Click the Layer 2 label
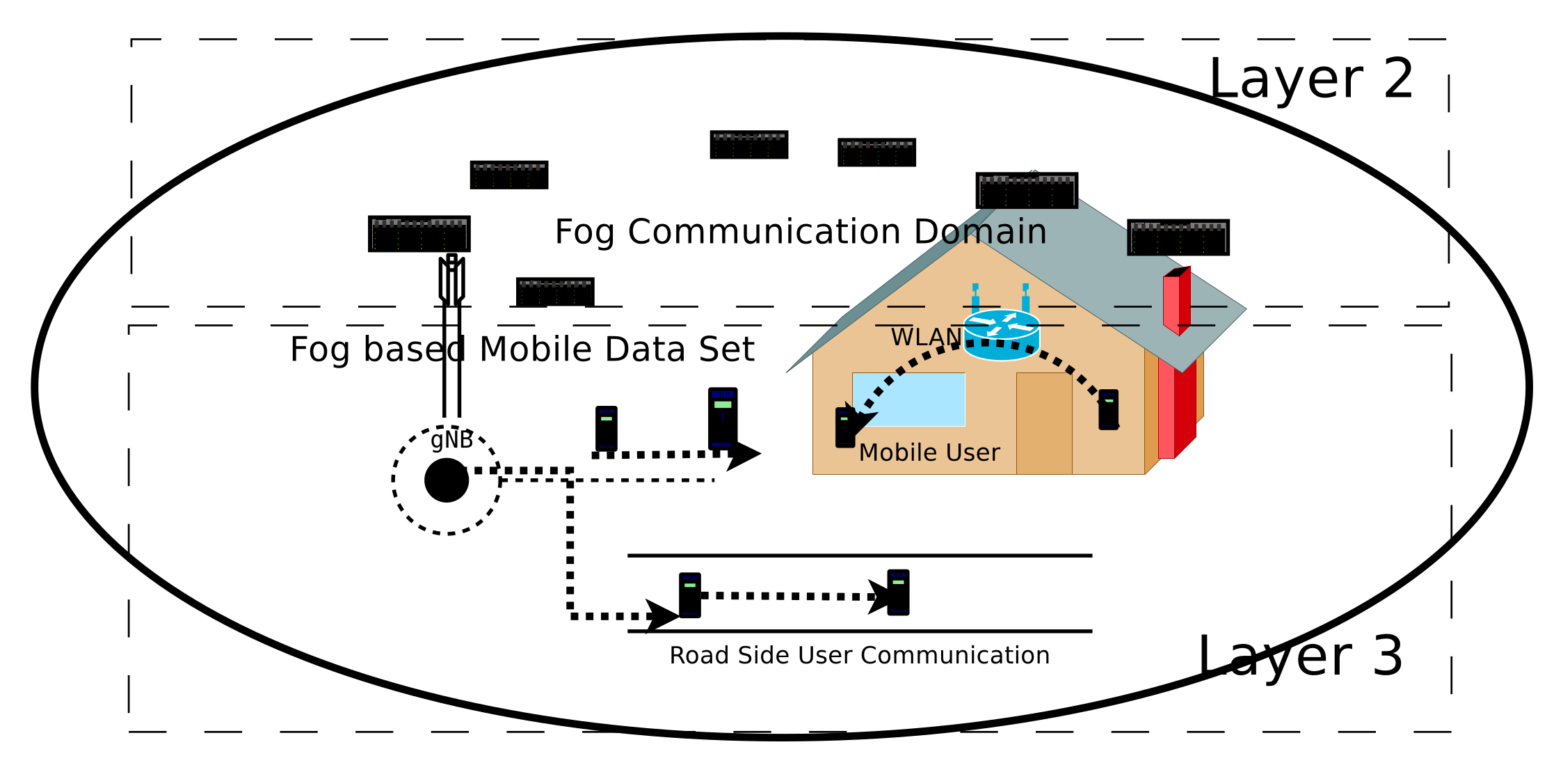click(x=1310, y=79)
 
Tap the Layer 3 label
click(x=1299, y=656)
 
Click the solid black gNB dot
click(x=447, y=480)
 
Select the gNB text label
click(x=451, y=440)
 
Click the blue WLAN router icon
click(x=1001, y=334)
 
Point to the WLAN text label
click(x=926, y=338)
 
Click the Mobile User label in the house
click(x=929, y=453)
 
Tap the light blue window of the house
click(x=908, y=400)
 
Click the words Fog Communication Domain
click(x=800, y=232)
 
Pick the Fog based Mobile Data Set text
click(x=522, y=349)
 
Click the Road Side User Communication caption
click(x=859, y=656)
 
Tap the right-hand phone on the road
click(x=898, y=592)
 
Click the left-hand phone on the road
click(x=689, y=595)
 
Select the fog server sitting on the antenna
click(x=419, y=234)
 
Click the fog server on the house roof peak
click(x=1027, y=191)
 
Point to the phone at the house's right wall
click(x=1108, y=409)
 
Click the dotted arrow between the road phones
click(x=786, y=596)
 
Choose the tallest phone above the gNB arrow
click(x=722, y=418)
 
